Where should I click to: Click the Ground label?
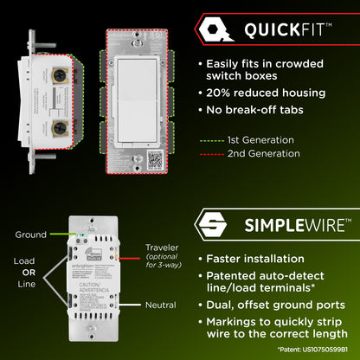[x=30, y=235]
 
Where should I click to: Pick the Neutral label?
[x=160, y=305]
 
